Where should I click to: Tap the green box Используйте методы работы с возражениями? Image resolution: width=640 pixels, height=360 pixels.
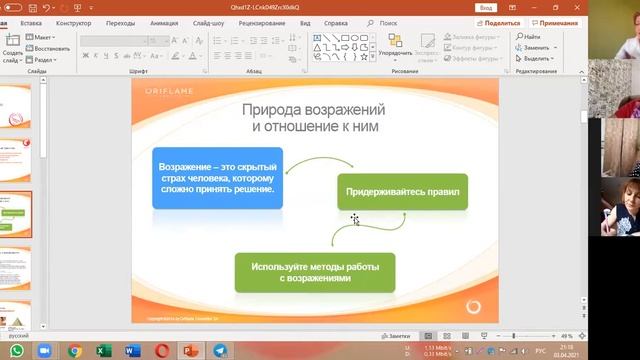(x=315, y=272)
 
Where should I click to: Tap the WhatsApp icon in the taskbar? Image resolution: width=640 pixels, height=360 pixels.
(x=45, y=351)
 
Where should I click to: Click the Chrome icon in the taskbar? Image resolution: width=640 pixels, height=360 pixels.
(x=75, y=351)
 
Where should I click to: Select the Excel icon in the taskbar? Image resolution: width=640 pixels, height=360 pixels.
(x=102, y=351)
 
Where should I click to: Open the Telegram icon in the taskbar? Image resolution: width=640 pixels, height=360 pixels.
(x=220, y=351)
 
